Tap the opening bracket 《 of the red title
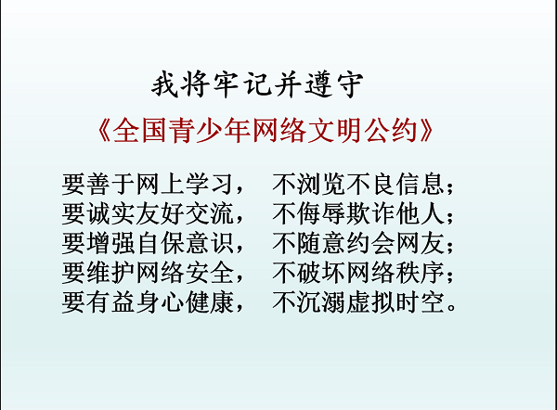[x=104, y=130]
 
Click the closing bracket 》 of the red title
[x=426, y=130]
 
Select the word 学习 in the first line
[x=209, y=185]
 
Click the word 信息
[x=421, y=185]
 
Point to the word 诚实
[x=99, y=213]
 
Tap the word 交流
[x=209, y=213]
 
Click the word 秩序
[x=421, y=273]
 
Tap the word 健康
[x=209, y=302]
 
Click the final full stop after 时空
[x=451, y=307]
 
